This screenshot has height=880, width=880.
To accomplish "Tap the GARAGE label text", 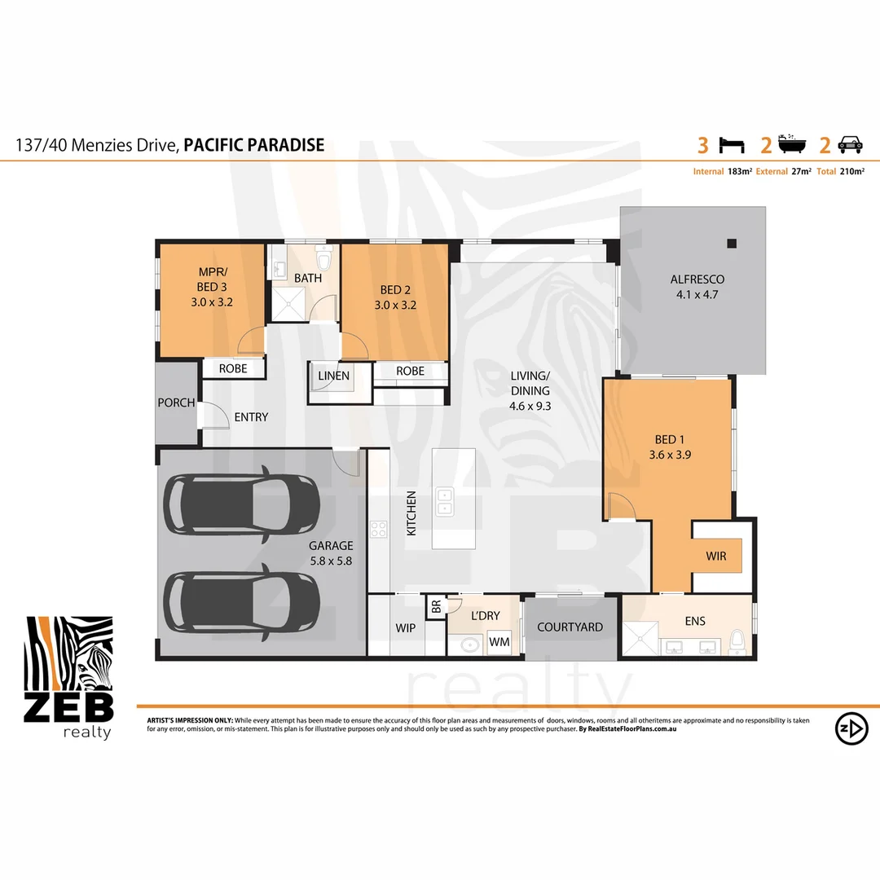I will pyautogui.click(x=330, y=546).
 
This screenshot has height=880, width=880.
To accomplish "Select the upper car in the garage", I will pyautogui.click(x=243, y=504).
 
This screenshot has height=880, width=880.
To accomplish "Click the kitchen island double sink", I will pyautogui.click(x=445, y=501).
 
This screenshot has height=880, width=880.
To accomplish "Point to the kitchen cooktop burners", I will pyautogui.click(x=379, y=529).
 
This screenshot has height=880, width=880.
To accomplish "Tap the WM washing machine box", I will pyautogui.click(x=499, y=643).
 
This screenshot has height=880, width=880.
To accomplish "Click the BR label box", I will pyautogui.click(x=436, y=607).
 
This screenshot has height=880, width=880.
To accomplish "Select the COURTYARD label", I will pyautogui.click(x=570, y=627).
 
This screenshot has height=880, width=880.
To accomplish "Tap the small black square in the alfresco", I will pyautogui.click(x=732, y=243).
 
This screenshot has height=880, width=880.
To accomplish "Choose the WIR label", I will pyautogui.click(x=716, y=557).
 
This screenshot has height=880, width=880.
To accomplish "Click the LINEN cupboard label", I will pyautogui.click(x=334, y=376).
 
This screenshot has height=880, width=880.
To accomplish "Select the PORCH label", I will pyautogui.click(x=176, y=403).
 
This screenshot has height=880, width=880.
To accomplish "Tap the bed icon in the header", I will pyautogui.click(x=731, y=145).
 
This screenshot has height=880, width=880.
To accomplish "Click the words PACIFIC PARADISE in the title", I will pyautogui.click(x=254, y=145).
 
